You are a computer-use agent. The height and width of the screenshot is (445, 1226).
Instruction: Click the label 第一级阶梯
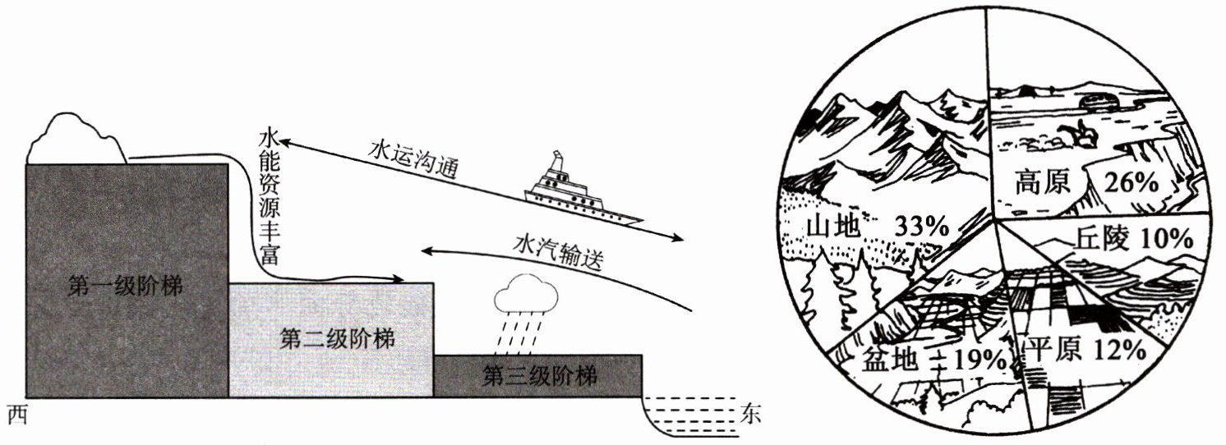(x=126, y=287)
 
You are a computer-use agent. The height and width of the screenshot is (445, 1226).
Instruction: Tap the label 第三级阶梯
(x=539, y=377)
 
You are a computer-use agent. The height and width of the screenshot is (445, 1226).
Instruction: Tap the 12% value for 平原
(x=1119, y=350)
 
